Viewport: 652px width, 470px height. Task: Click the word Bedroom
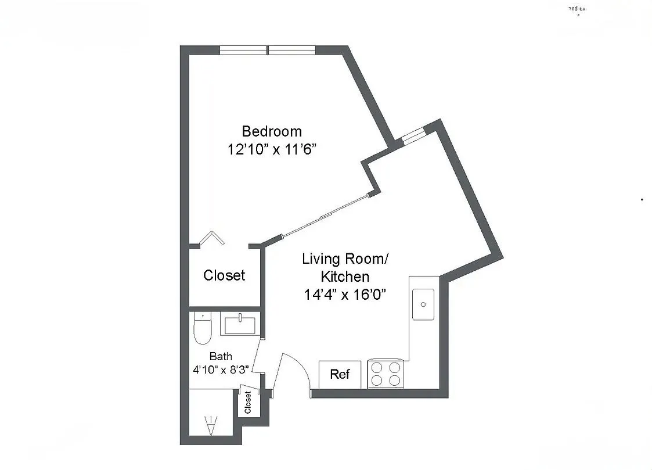click(272, 131)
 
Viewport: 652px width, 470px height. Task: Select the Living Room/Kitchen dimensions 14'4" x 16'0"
click(344, 295)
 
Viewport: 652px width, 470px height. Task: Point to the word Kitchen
click(344, 277)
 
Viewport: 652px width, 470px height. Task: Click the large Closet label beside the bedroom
click(224, 275)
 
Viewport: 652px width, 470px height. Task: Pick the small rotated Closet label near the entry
click(248, 402)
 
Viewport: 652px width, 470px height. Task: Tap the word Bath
click(221, 356)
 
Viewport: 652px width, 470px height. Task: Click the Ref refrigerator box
click(340, 374)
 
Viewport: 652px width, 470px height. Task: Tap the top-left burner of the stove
click(377, 367)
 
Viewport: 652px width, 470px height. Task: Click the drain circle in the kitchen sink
click(424, 304)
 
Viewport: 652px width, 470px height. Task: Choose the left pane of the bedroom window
click(243, 50)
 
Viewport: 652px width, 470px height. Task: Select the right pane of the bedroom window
click(293, 50)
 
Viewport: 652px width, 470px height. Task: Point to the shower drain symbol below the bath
click(210, 426)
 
